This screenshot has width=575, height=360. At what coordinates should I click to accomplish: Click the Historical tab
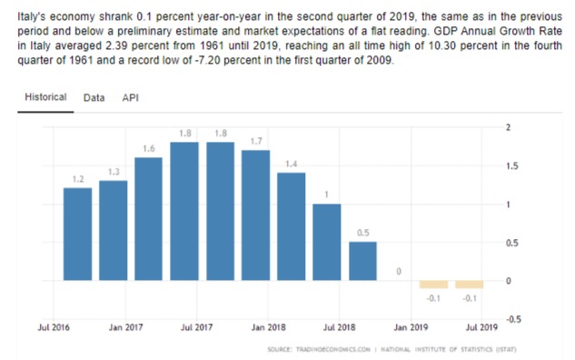[45, 97]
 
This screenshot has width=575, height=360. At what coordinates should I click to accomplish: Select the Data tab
[94, 97]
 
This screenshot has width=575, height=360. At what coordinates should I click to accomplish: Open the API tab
[131, 97]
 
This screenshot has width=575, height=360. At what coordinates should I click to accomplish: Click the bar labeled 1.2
[78, 235]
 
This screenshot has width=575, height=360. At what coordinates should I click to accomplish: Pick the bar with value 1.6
[148, 219]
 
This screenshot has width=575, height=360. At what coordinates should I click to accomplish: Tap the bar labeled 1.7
[255, 215]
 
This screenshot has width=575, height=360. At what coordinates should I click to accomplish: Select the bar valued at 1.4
[292, 226]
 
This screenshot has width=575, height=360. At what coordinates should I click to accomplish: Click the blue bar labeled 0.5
[362, 261]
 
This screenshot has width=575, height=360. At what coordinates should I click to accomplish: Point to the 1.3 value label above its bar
[114, 172]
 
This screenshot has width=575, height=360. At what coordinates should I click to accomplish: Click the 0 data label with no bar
[399, 271]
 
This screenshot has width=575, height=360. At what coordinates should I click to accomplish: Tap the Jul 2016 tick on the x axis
[54, 327]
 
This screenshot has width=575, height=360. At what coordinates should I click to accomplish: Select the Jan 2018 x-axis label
[268, 327]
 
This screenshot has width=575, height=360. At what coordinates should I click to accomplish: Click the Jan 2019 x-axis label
[411, 327]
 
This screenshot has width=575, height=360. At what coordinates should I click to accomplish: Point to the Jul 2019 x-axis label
[481, 327]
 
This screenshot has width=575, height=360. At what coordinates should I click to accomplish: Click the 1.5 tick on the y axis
[512, 166]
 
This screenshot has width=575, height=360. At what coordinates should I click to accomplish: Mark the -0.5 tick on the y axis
[513, 319]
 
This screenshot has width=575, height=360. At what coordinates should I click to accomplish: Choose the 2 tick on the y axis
[509, 127]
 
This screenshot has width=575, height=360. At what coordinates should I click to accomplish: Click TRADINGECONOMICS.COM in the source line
[333, 349]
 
